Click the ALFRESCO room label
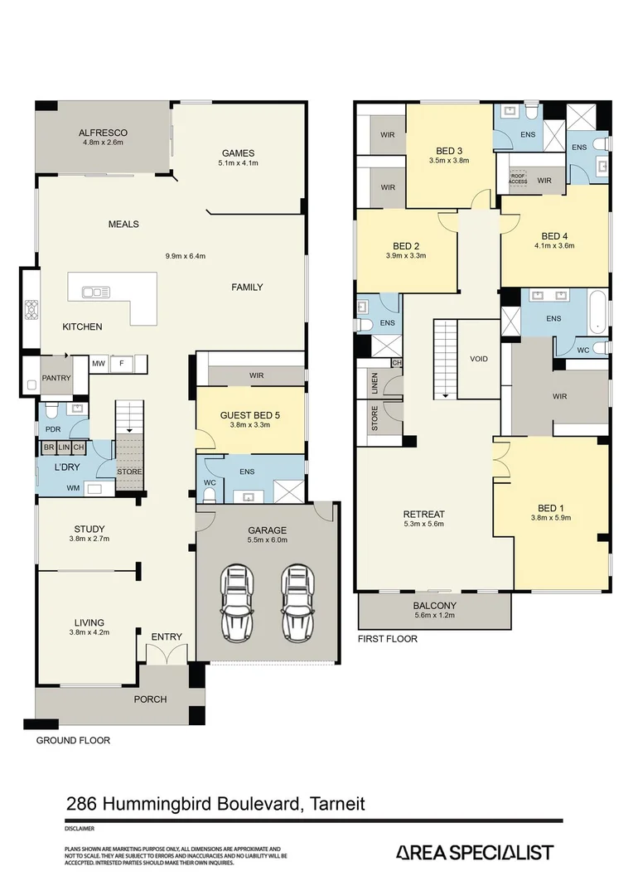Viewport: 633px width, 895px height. click(x=103, y=132)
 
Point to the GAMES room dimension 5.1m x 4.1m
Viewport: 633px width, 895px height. click(x=237, y=163)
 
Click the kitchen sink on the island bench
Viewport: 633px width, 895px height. click(x=96, y=292)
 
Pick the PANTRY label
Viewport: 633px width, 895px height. click(x=56, y=378)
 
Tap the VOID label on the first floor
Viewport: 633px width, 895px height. click(x=478, y=359)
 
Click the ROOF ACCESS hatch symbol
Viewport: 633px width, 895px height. click(x=518, y=178)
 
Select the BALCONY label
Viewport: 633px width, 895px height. click(x=434, y=606)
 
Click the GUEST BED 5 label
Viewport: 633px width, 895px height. click(x=249, y=415)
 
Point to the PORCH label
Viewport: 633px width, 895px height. click(x=151, y=699)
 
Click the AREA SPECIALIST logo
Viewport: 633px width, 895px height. click(x=474, y=853)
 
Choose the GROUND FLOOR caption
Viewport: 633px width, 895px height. click(x=72, y=740)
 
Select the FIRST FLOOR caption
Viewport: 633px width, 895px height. click(x=388, y=639)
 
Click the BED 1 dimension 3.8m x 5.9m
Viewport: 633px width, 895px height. click(x=551, y=517)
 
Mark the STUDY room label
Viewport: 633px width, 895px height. click(x=89, y=529)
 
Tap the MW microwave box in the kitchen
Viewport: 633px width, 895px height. click(x=98, y=363)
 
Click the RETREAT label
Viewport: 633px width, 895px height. click(x=423, y=513)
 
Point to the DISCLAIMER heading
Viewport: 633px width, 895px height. click(x=79, y=828)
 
